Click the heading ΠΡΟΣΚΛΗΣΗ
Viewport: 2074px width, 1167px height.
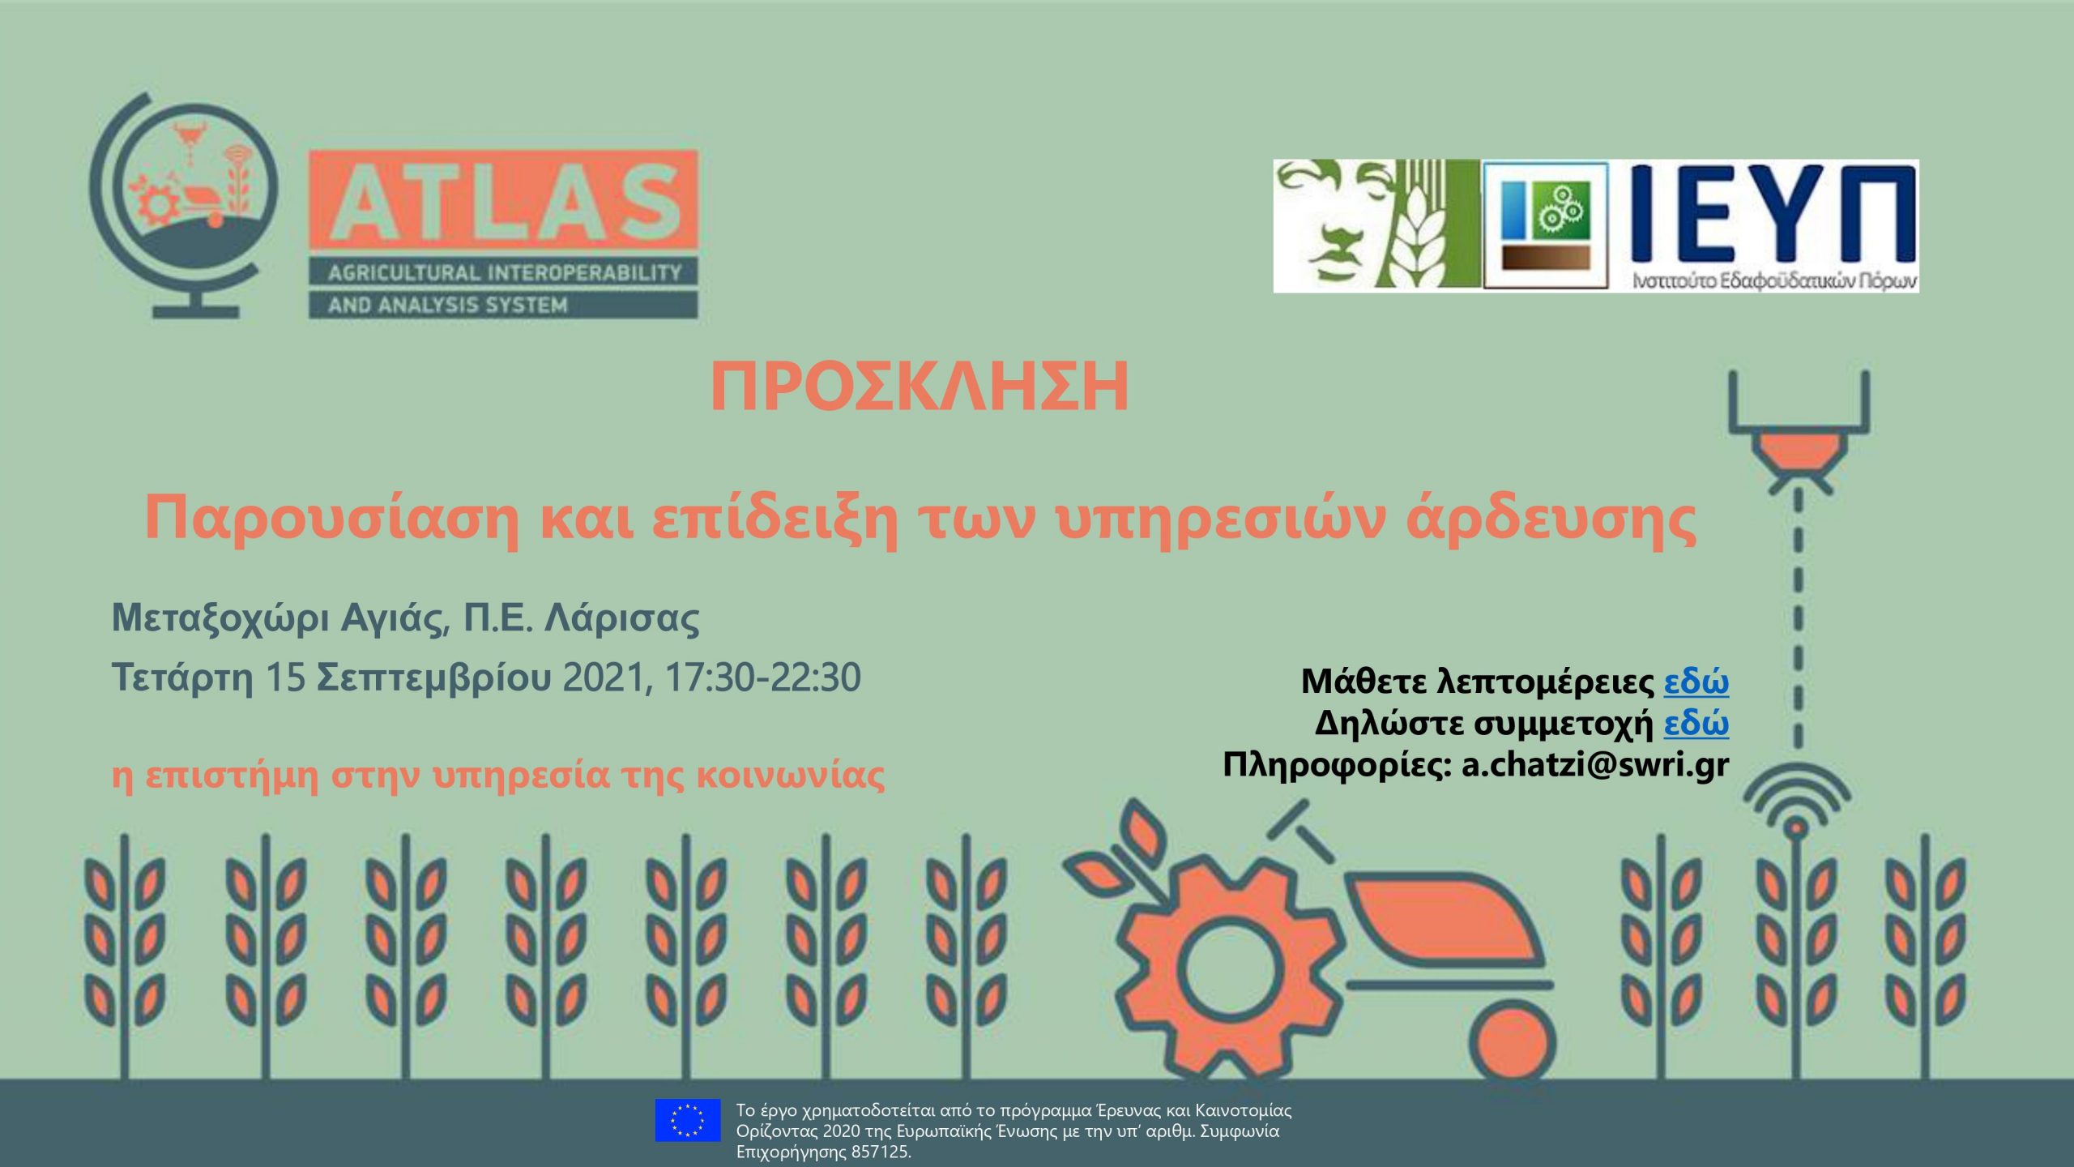click(920, 387)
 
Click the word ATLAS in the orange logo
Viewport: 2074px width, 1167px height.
click(504, 203)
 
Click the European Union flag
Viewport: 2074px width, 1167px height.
click(688, 1120)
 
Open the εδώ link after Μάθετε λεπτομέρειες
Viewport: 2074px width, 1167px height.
click(1696, 682)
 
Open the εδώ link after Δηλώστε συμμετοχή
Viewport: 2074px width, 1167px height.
click(1696, 723)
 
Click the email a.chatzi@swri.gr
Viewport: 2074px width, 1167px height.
click(1595, 765)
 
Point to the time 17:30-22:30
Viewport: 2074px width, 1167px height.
click(762, 678)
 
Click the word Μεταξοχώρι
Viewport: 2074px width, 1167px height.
click(220, 619)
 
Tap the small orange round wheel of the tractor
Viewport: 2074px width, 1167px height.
click(1513, 1046)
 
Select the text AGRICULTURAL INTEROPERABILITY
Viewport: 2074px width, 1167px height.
click(504, 273)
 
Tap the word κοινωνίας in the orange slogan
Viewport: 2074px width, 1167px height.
click(790, 776)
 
